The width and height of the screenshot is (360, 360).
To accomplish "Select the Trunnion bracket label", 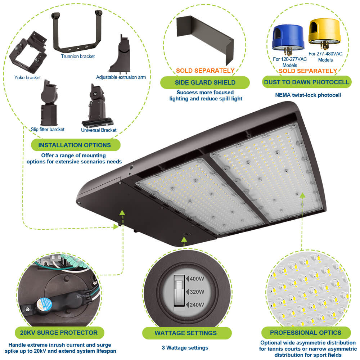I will (x=78, y=56).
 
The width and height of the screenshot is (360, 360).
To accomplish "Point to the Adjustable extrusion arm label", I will (x=121, y=77).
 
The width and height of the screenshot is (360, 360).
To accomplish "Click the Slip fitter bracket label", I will (x=48, y=129).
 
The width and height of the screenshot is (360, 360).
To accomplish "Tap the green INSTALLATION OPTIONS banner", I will (x=75, y=145).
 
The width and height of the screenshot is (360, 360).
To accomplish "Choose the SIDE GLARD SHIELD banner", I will (x=205, y=82).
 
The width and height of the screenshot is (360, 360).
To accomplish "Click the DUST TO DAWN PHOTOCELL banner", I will (x=306, y=82).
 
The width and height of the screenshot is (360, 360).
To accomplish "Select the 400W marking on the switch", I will (x=196, y=278).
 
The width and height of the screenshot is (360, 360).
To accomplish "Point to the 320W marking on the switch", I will (x=196, y=292).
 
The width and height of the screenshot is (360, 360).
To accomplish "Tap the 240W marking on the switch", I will (x=196, y=305).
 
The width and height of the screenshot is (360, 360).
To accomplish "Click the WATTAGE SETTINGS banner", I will (x=186, y=333).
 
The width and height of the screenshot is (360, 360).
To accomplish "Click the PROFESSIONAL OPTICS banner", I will (x=306, y=333).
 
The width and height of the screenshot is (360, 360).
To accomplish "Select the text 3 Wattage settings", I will (x=185, y=348).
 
